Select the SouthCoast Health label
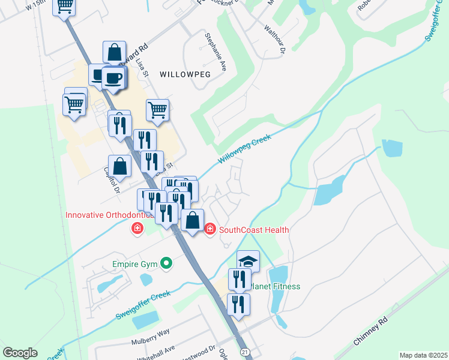254,230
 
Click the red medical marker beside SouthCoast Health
210,229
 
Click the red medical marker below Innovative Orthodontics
137,228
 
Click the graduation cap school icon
248,261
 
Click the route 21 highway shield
244,351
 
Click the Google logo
20,353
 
